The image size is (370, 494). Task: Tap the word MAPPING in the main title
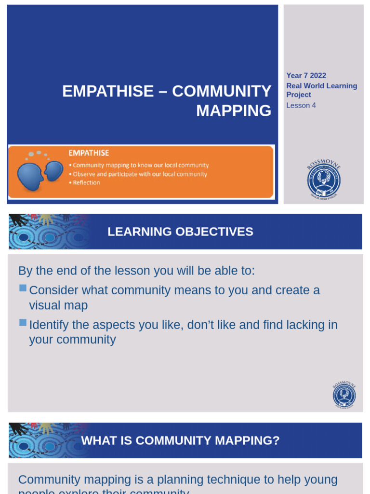pos(234,110)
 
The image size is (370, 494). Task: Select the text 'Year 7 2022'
pos(306,76)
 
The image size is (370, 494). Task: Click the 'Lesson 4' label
pos(301,105)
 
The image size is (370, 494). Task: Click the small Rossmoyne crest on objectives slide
pos(344,395)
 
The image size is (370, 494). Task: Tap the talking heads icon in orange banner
pos(40,172)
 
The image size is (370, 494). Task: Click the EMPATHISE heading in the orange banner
pos(89,153)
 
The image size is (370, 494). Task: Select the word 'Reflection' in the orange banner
pos(86,183)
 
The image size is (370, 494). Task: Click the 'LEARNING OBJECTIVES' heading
pos(180,232)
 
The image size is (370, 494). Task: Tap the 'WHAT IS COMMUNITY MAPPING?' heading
pos(180,440)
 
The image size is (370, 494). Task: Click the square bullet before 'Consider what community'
pos(23,288)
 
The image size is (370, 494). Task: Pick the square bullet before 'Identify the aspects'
pos(23,322)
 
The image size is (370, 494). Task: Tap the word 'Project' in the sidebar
pos(299,95)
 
